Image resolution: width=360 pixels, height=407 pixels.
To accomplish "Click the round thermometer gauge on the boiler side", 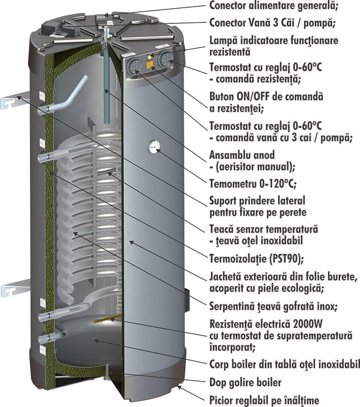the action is [155, 147].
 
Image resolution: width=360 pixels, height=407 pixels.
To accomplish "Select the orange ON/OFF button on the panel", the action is [150, 65].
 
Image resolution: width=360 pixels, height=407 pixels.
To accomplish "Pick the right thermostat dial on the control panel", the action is [165, 59].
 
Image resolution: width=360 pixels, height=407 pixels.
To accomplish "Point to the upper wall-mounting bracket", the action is [15, 100].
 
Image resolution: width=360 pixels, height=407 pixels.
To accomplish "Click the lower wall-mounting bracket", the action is [15, 287].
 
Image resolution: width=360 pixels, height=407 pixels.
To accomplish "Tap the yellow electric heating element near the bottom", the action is [107, 318].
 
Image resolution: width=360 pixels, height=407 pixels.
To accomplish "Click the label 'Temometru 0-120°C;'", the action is [253, 184].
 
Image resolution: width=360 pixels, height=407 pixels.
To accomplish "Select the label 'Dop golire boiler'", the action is [245, 383].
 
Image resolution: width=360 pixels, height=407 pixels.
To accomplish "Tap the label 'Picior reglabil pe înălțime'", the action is [264, 400].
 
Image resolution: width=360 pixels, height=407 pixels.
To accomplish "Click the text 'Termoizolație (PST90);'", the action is [256, 258].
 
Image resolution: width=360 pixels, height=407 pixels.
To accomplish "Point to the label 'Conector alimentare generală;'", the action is [274, 6].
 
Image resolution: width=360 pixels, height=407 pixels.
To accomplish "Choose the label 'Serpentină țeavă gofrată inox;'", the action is [273, 307].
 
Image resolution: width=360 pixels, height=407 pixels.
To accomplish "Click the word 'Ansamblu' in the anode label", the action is [225, 155].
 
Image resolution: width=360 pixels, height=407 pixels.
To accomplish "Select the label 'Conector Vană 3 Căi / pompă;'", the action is [272, 23].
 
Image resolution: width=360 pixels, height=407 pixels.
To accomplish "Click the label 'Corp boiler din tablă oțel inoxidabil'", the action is [285, 364].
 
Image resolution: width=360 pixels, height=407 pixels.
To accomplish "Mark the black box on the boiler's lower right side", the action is [187, 300].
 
